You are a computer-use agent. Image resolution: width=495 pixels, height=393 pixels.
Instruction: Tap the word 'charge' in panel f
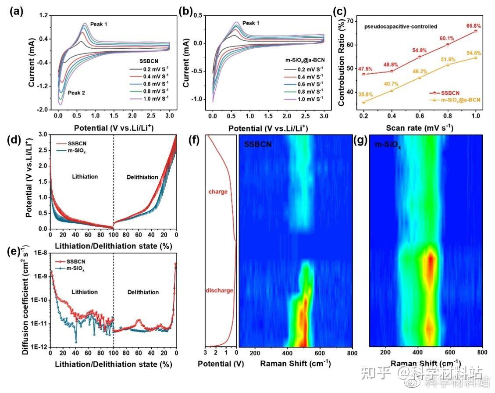(x=217, y=192)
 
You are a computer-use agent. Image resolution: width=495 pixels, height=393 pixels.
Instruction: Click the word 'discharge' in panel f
(x=219, y=290)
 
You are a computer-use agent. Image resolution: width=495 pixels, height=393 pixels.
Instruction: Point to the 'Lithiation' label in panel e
(x=84, y=292)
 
